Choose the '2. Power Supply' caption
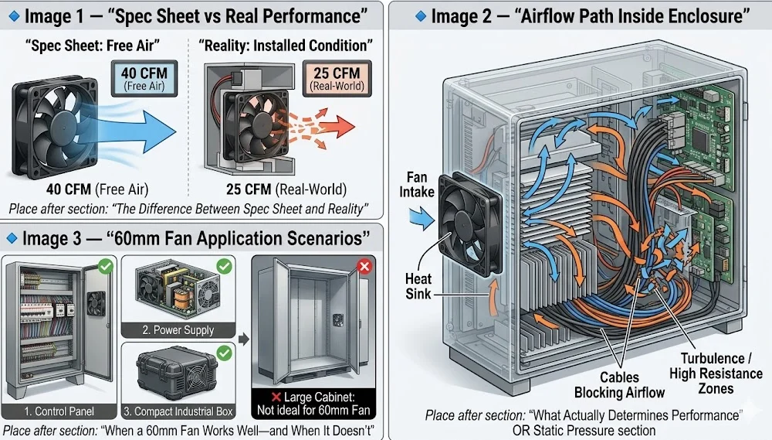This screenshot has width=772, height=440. pyautogui.click(x=178, y=329)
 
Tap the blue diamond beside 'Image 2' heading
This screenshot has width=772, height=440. pyautogui.click(x=420, y=15)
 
